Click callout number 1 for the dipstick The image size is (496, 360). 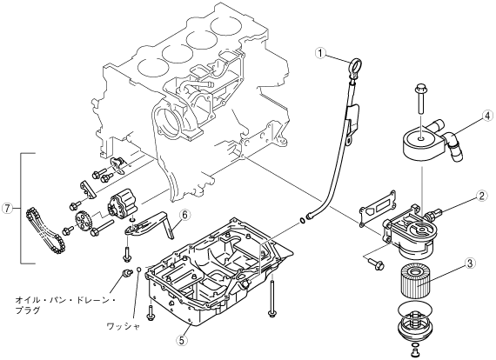(x=320, y=53)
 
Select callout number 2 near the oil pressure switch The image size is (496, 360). (x=481, y=197)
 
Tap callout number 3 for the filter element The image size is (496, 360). (x=470, y=263)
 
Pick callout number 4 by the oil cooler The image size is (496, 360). (x=487, y=116)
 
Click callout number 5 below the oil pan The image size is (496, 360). (x=182, y=340)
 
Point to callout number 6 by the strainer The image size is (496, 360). (x=184, y=215)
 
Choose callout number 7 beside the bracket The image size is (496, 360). (x=7, y=208)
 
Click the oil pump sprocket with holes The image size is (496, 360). (x=84, y=221)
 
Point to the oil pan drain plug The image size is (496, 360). (x=127, y=272)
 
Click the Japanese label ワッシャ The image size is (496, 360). (x=123, y=326)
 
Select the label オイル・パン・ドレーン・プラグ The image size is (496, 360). (x=66, y=304)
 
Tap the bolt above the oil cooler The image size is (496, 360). (x=419, y=98)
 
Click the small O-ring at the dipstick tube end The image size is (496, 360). (x=303, y=220)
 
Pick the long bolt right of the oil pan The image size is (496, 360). (x=272, y=297)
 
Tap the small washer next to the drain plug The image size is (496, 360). (x=138, y=270)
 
